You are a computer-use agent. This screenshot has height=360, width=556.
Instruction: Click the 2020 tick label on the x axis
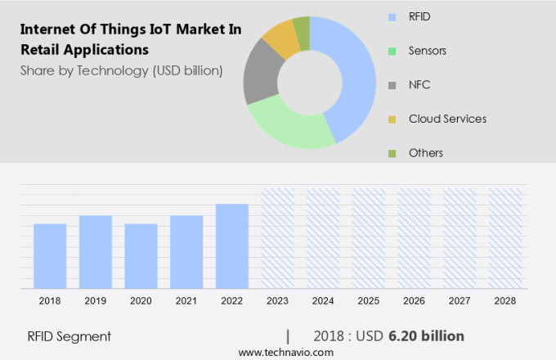(141, 301)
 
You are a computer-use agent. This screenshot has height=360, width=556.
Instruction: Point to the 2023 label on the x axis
(277, 301)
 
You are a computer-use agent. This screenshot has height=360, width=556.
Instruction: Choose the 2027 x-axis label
(460, 301)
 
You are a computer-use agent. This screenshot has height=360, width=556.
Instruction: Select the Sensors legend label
(428, 50)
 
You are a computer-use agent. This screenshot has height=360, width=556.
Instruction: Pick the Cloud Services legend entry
(447, 119)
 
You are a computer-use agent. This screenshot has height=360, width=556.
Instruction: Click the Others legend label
(425, 153)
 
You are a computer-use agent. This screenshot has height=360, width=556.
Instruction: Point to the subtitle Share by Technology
(121, 70)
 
